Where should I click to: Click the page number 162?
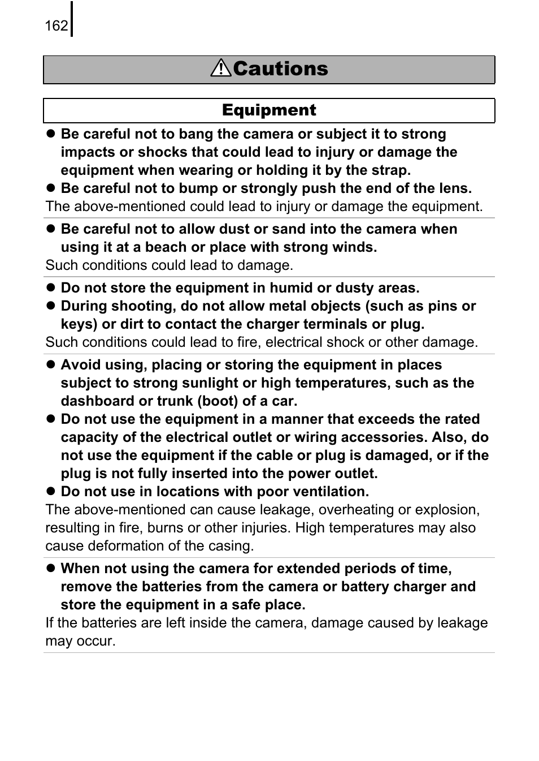56,26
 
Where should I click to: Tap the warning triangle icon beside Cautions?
221,68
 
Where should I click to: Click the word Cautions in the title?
280,68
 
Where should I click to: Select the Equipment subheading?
269,110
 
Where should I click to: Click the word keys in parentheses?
77,324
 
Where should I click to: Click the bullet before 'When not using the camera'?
50,569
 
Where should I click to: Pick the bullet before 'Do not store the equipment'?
50,288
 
